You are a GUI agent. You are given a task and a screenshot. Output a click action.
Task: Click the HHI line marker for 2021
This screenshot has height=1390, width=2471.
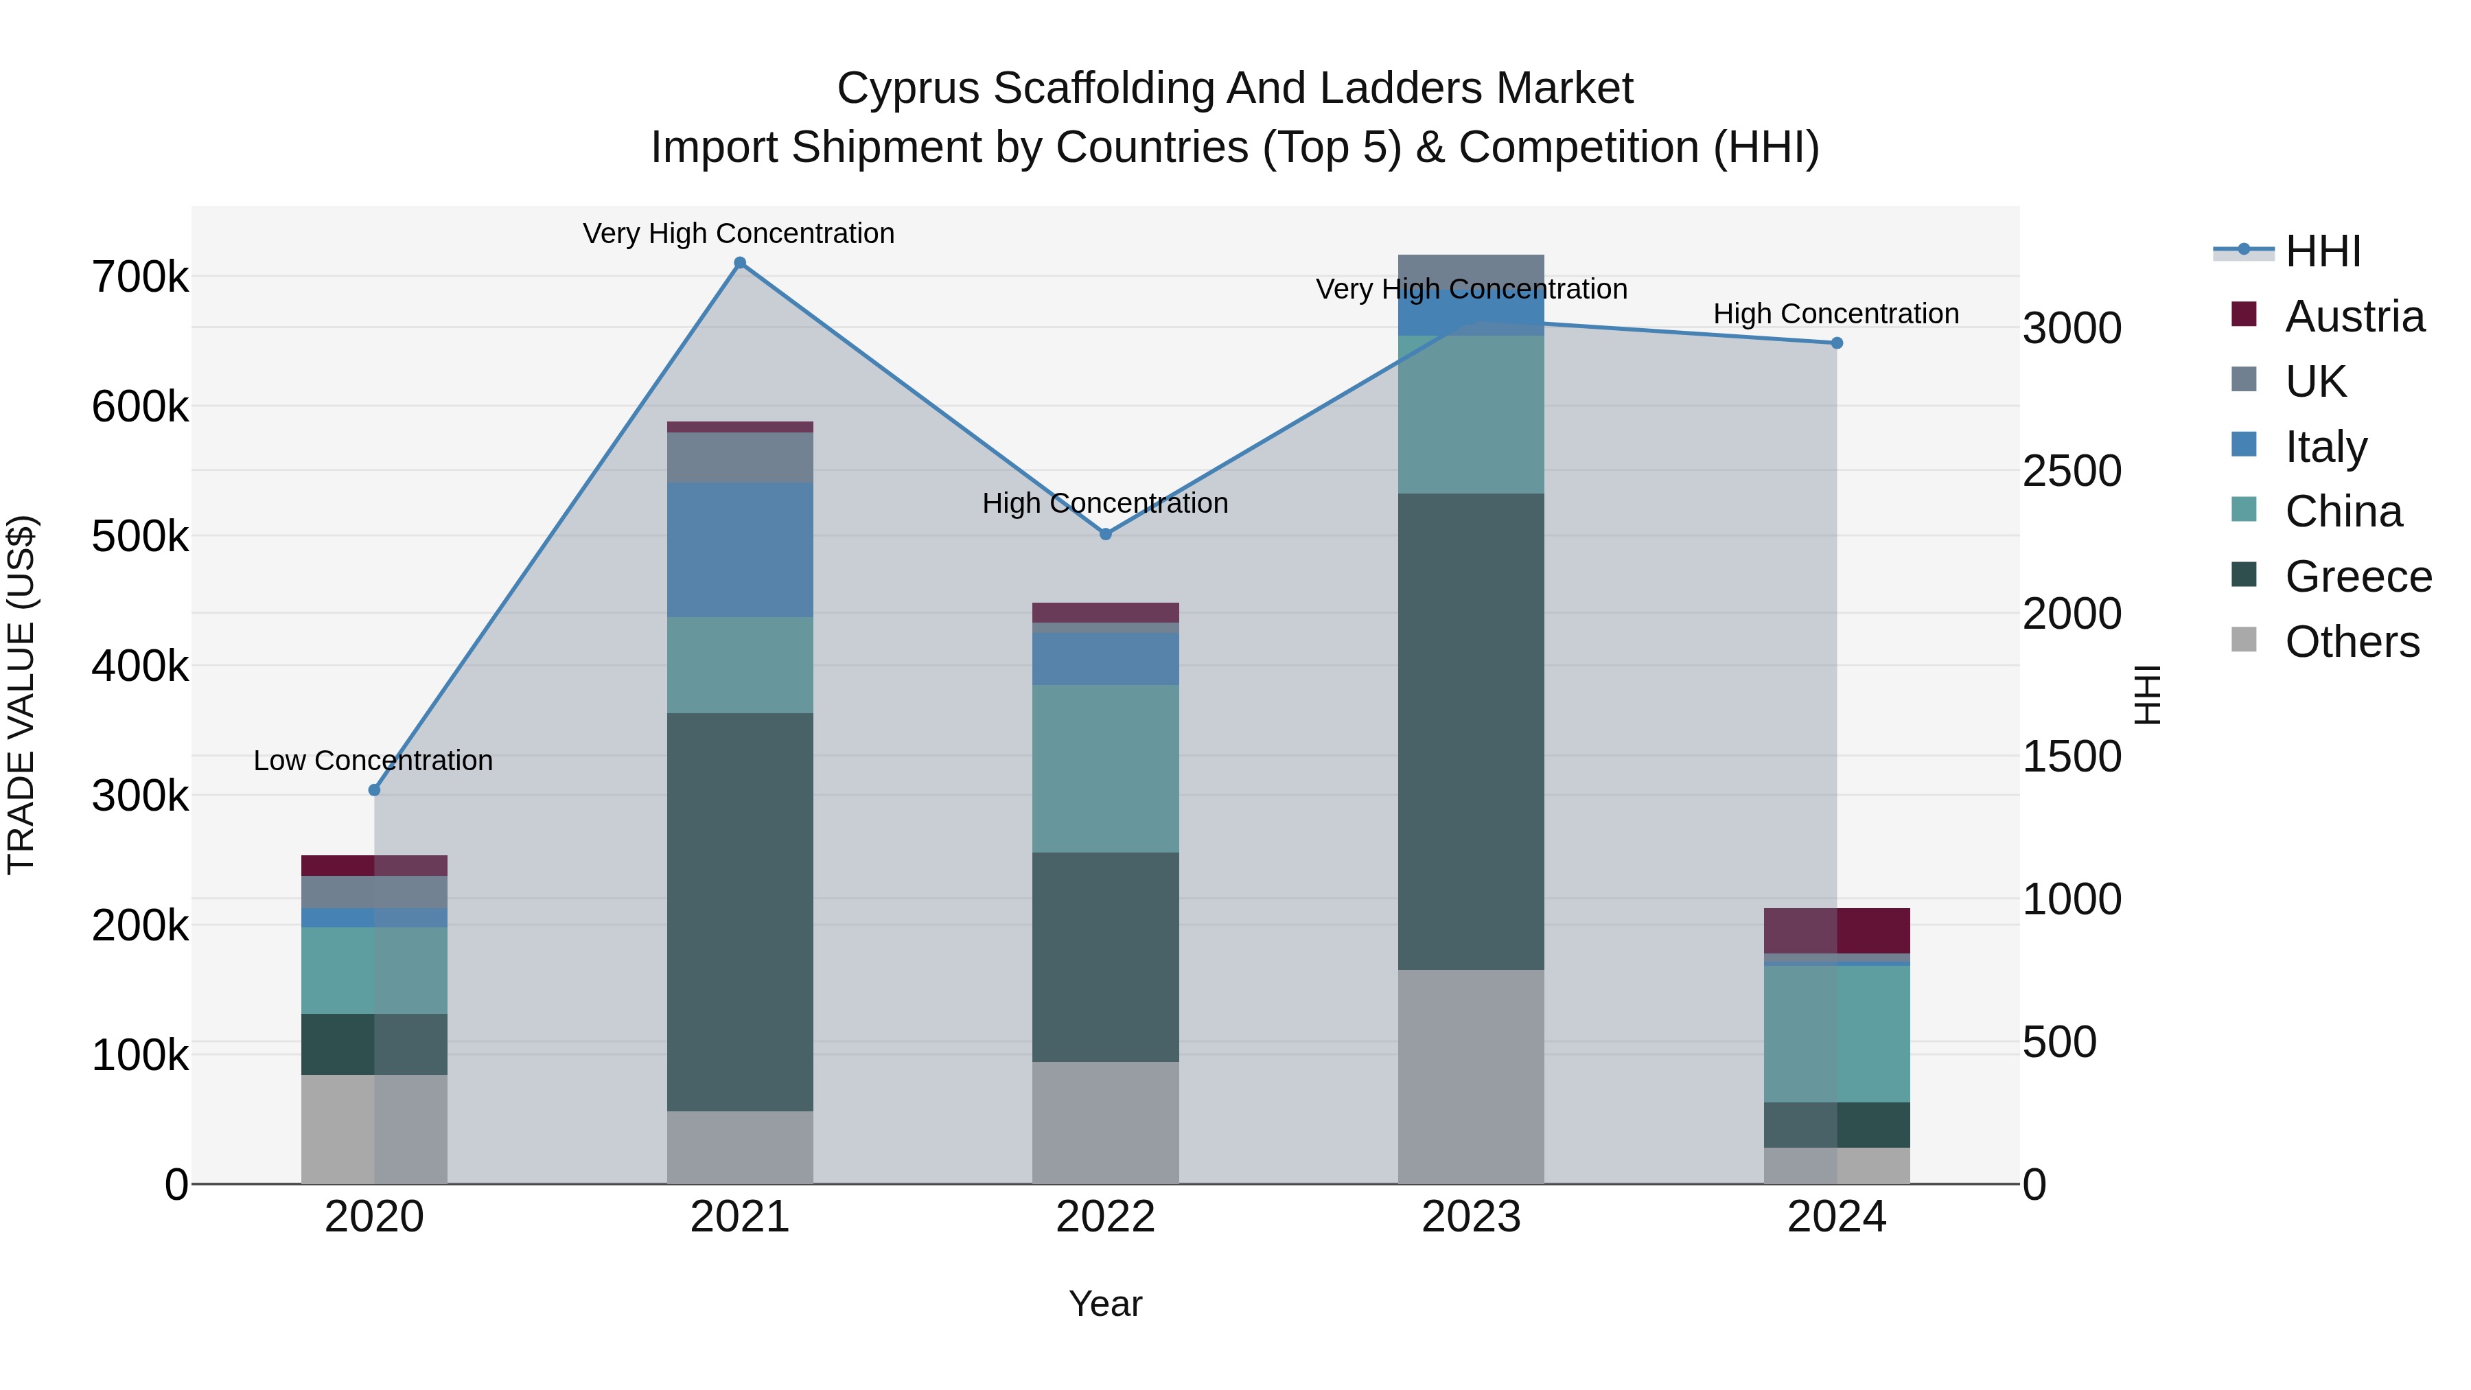[x=739, y=263]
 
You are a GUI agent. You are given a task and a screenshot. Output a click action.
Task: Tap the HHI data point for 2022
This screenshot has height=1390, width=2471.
[x=1105, y=534]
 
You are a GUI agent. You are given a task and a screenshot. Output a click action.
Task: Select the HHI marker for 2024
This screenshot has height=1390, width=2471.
[x=1837, y=343]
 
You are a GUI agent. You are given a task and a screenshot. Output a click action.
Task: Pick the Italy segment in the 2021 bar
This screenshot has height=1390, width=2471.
[x=739, y=550]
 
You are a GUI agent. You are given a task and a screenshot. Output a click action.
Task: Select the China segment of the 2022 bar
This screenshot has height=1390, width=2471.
[x=1105, y=768]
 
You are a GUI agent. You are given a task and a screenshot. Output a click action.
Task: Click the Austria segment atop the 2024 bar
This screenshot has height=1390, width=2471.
[x=1837, y=931]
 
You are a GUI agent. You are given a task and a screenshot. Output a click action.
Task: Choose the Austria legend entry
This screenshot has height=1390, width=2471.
[x=2354, y=316]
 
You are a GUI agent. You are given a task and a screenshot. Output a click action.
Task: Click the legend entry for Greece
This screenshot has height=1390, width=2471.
[x=2358, y=577]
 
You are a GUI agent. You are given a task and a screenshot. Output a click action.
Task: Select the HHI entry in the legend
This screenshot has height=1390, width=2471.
[x=2321, y=251]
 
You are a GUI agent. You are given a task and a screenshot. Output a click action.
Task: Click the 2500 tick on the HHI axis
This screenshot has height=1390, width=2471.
[x=2072, y=471]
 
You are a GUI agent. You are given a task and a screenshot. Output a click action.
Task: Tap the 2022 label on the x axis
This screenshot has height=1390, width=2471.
[x=1105, y=1217]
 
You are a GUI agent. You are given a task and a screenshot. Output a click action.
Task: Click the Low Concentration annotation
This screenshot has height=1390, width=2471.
[x=373, y=761]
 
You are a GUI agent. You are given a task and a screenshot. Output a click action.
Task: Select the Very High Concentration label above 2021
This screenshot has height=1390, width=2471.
[x=739, y=233]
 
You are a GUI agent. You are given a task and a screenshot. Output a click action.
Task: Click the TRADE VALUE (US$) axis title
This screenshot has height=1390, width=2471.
[x=21, y=695]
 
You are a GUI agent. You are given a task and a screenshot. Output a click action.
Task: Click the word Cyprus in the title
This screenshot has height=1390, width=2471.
[x=907, y=89]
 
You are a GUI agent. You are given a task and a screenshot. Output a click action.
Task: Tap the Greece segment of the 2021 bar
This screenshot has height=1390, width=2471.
[x=739, y=912]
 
